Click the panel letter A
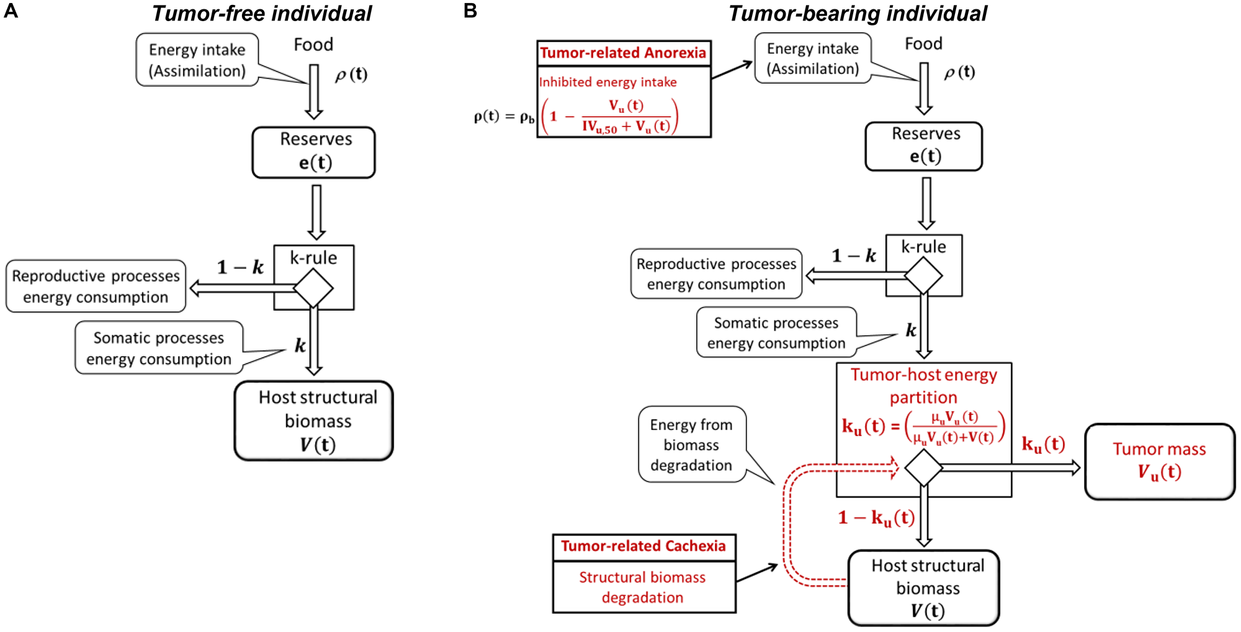click(x=11, y=11)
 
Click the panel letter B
click(x=470, y=11)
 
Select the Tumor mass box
click(x=1159, y=461)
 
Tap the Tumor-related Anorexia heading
click(x=623, y=53)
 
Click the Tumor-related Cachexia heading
click(x=643, y=546)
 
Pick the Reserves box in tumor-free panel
click(x=314, y=152)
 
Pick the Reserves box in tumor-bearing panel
click(x=924, y=146)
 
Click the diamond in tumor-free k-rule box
click(x=313, y=288)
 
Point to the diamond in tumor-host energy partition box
click(x=924, y=468)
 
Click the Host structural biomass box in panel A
click(x=314, y=421)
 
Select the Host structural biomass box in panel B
click(x=924, y=587)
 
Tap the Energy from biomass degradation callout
click(x=691, y=445)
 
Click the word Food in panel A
click(x=313, y=45)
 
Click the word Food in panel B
click(x=923, y=43)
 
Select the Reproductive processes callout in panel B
click(x=716, y=274)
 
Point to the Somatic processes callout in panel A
click(x=159, y=348)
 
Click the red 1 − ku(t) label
click(x=876, y=517)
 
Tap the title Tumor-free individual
click(x=262, y=14)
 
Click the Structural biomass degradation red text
click(x=643, y=587)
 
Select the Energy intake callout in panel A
click(x=197, y=60)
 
